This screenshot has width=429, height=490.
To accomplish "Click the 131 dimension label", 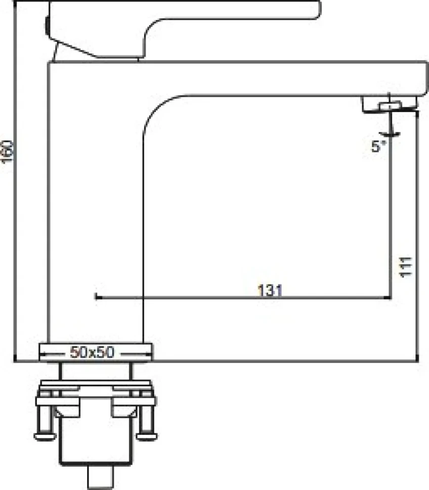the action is tap(270, 290).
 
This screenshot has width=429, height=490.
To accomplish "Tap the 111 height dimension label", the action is tap(406, 267).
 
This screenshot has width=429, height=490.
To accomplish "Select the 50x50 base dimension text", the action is tap(92, 352).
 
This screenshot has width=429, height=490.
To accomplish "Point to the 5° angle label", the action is tap(378, 146).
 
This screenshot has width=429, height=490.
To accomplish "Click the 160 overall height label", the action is tap(7, 152).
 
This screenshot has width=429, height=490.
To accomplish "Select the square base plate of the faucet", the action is tap(96, 352).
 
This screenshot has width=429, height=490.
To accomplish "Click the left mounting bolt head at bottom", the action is tap(45, 436).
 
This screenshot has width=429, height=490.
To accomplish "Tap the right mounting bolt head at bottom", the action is tap(146, 436).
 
